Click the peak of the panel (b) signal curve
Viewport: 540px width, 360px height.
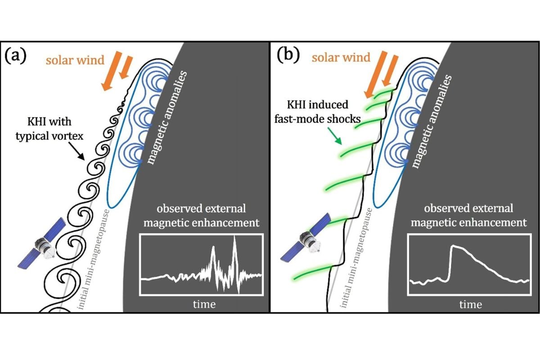click(453, 246)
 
